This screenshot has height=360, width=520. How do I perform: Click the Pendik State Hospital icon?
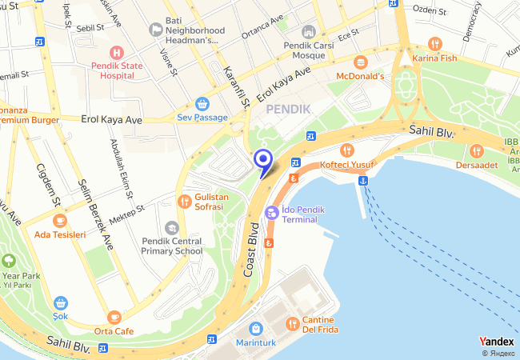[x=118, y=52]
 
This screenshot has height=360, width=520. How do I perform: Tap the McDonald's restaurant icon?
[x=360, y=62]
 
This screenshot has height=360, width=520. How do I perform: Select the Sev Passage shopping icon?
[x=202, y=103]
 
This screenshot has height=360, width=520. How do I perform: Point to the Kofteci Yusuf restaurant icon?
[x=347, y=150]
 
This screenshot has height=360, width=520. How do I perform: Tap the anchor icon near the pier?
[x=362, y=181]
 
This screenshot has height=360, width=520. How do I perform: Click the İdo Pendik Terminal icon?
[x=272, y=213]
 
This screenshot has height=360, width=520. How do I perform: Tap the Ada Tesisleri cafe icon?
[x=60, y=221]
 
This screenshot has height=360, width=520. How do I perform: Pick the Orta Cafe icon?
[x=114, y=318]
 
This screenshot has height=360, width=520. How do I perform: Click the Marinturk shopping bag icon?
[x=255, y=329]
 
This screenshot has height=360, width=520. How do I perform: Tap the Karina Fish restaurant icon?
[x=434, y=43]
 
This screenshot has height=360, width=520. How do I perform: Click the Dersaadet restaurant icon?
[x=477, y=150]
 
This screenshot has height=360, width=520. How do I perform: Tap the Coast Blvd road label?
[x=253, y=254]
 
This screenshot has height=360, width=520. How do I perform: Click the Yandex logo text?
[x=496, y=341]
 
